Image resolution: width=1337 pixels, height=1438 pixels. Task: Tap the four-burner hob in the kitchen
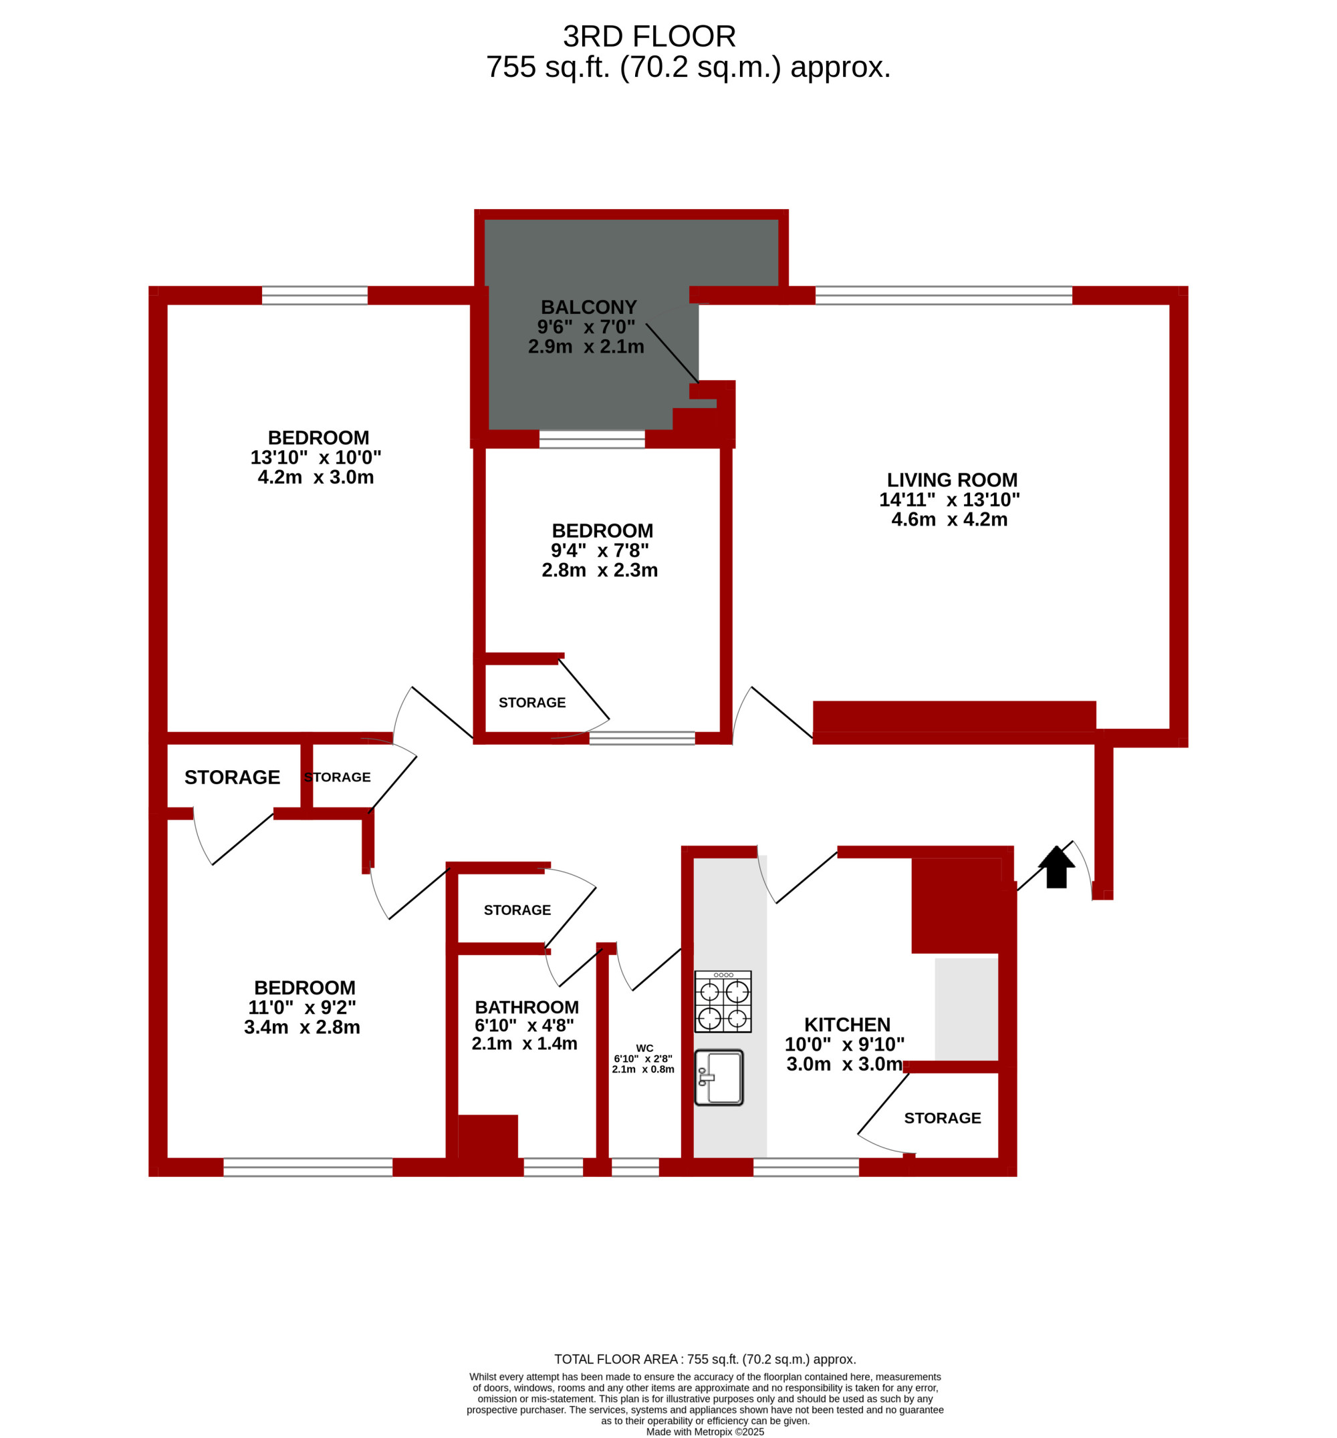click(723, 1001)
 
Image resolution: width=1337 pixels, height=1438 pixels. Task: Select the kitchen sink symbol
click(719, 1077)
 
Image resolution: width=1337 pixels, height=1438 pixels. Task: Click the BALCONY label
click(589, 307)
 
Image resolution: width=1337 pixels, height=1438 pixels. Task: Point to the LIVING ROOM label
click(952, 480)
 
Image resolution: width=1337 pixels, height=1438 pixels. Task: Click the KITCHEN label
click(847, 1025)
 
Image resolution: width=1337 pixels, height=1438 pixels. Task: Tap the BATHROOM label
click(527, 1007)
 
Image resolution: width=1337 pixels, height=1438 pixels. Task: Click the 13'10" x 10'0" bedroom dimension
click(316, 458)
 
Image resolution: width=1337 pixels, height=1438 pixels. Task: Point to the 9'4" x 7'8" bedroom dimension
click(600, 550)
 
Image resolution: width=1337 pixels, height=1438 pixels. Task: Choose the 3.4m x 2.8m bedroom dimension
click(301, 1027)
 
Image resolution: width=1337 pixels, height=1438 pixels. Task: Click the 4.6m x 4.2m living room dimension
click(949, 519)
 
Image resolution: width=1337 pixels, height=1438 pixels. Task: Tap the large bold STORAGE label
click(232, 777)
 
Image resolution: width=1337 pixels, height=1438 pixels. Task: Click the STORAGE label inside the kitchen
click(943, 1119)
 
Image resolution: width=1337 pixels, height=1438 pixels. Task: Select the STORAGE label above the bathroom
click(517, 910)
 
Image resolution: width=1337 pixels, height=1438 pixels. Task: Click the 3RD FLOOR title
click(649, 36)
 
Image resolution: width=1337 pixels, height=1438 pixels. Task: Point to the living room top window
click(943, 295)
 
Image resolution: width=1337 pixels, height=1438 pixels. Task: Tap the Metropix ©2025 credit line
click(705, 1431)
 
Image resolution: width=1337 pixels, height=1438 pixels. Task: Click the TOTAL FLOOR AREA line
click(705, 1359)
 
